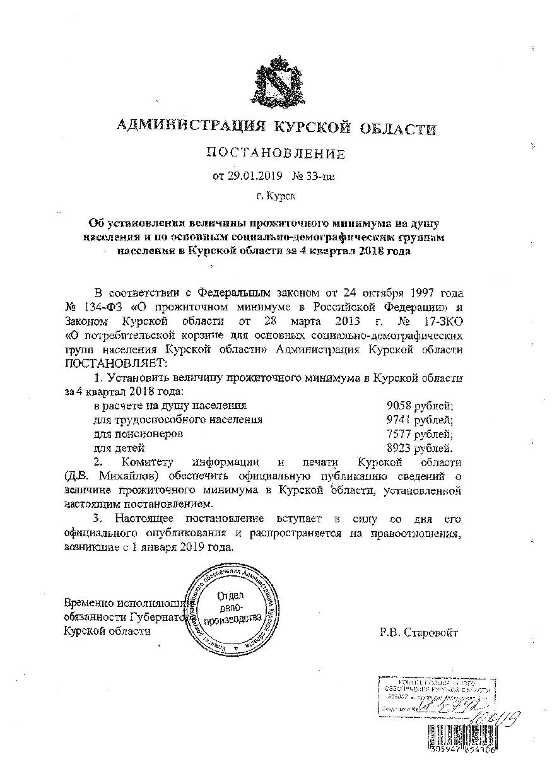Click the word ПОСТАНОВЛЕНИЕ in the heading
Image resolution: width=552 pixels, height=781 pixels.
(x=276, y=153)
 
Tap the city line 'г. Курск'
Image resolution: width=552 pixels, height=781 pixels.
(x=276, y=196)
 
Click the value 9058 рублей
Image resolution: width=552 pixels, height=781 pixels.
(x=420, y=405)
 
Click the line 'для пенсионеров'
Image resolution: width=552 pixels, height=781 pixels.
(x=138, y=434)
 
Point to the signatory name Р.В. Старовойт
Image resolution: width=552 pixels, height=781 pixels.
(x=418, y=632)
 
